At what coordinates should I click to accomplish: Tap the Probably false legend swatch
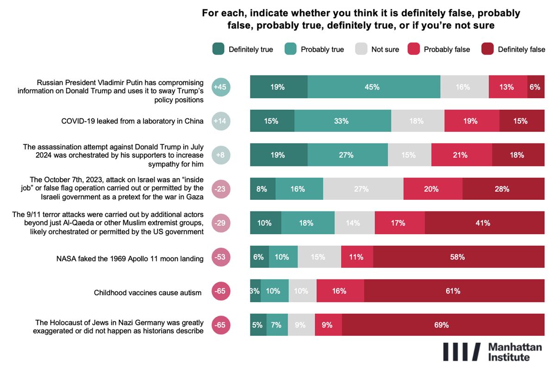tap(413, 49)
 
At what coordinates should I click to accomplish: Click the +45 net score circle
tap(221, 87)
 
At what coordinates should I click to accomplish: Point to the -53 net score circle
tap(221, 257)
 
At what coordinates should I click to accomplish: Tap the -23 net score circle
tap(221, 189)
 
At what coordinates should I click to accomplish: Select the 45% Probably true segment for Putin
tap(374, 87)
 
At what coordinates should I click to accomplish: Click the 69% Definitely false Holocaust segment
tap(443, 325)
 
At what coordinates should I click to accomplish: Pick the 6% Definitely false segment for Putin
tap(536, 87)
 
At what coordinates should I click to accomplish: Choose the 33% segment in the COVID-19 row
tap(343, 121)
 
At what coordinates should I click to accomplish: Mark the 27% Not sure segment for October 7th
tap(363, 189)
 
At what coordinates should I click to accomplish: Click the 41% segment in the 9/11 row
tap(484, 223)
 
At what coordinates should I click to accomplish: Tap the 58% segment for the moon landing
tap(459, 257)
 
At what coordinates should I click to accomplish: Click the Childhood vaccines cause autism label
tap(148, 292)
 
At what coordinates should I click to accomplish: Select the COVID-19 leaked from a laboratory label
tap(132, 121)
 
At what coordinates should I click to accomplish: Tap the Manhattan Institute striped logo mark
tap(462, 352)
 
